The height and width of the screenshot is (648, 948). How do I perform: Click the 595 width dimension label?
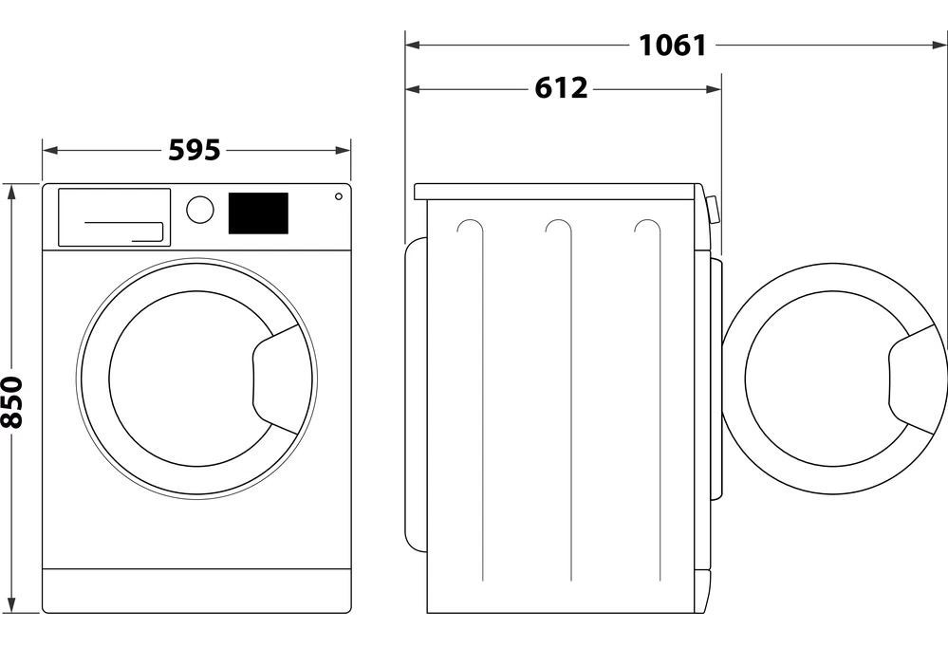tap(195, 150)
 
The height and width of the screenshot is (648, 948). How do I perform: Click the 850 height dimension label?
tap(12, 402)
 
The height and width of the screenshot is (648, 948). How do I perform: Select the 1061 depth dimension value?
tap(672, 44)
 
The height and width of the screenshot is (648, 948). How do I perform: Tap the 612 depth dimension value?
tap(562, 88)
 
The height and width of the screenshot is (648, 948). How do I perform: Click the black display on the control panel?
tap(257, 213)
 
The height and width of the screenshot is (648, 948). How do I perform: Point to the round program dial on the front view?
tap(200, 209)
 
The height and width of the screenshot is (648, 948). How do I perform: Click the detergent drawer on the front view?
tap(114, 216)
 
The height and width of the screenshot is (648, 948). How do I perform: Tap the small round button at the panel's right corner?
tap(338, 197)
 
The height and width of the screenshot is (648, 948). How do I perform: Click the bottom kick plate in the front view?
tap(196, 589)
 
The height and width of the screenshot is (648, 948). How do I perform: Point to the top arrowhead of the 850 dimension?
tap(12, 191)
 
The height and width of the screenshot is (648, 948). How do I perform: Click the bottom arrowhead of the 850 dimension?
tap(12, 605)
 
